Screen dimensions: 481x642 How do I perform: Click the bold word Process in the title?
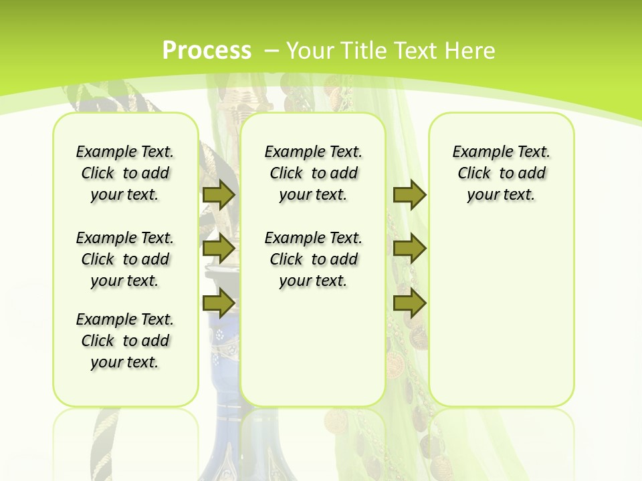[207, 51]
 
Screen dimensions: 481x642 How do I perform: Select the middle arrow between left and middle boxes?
[218, 249]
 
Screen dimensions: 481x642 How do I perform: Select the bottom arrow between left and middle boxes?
[218, 303]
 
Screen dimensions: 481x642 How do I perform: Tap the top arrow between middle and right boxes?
[409, 194]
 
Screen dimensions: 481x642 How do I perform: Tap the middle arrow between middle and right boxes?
[409, 249]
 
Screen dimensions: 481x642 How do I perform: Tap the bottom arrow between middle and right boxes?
[409, 303]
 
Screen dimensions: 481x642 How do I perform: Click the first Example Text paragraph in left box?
[125, 173]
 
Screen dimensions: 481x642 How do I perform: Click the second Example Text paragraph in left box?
[125, 259]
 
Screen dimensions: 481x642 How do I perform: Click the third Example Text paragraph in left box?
[125, 341]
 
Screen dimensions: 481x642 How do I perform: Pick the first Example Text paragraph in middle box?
[314, 173]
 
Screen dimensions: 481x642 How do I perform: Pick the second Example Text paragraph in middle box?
[314, 259]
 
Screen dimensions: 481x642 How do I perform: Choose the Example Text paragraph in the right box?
[502, 173]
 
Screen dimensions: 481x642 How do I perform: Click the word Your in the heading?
[311, 51]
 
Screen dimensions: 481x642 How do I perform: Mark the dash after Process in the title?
[272, 51]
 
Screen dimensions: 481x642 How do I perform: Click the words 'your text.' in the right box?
[502, 195]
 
